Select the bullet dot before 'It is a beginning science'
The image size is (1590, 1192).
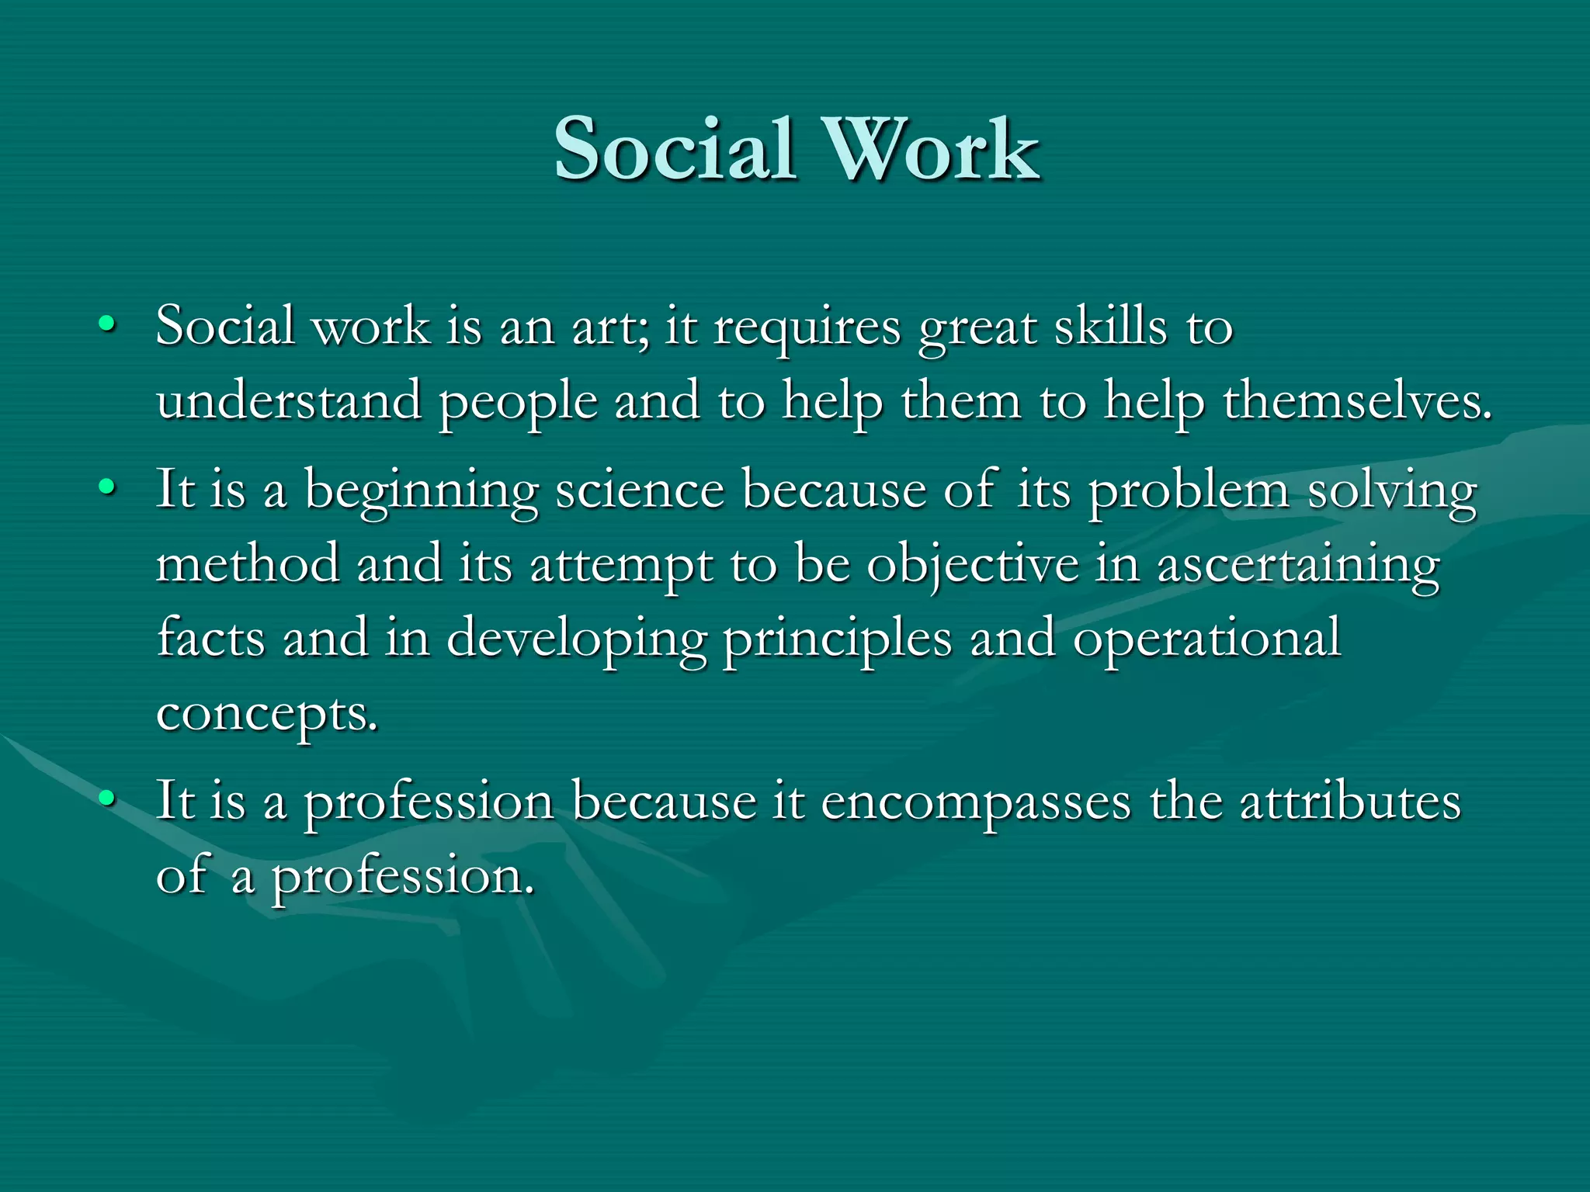[x=107, y=487]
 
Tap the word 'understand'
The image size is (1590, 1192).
[x=289, y=401]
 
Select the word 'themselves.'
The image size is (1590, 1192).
[x=1358, y=401]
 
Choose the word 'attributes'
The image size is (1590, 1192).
[x=1350, y=801]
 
